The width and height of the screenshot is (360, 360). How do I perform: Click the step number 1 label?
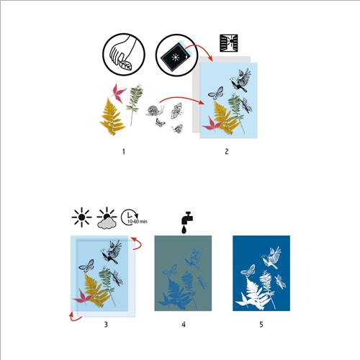pos(124,152)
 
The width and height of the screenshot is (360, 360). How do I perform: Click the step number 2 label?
pos(227,152)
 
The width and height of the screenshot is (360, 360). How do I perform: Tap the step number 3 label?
pos(106,325)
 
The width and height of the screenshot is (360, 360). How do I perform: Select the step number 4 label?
pos(184,325)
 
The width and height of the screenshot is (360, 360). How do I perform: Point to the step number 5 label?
pos(261,325)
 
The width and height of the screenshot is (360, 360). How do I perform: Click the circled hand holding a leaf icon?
pos(124,55)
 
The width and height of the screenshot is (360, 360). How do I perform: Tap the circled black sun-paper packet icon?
pos(176,55)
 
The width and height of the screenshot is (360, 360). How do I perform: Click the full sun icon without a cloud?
pos(81,217)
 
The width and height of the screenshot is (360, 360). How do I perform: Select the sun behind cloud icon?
pos(107,218)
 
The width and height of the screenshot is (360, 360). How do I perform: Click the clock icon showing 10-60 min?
pos(134,217)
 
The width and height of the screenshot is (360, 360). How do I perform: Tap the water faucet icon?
pos(187,222)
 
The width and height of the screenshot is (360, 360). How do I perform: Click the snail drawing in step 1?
pos(155,110)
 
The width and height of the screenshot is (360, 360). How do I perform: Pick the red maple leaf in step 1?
pos(118,93)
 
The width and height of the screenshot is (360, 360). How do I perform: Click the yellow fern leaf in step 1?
pos(112,117)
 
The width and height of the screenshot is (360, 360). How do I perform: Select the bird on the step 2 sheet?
pos(240,80)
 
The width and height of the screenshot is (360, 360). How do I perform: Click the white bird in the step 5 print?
pos(271,257)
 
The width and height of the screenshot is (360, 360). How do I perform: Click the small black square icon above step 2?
pos(229,43)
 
